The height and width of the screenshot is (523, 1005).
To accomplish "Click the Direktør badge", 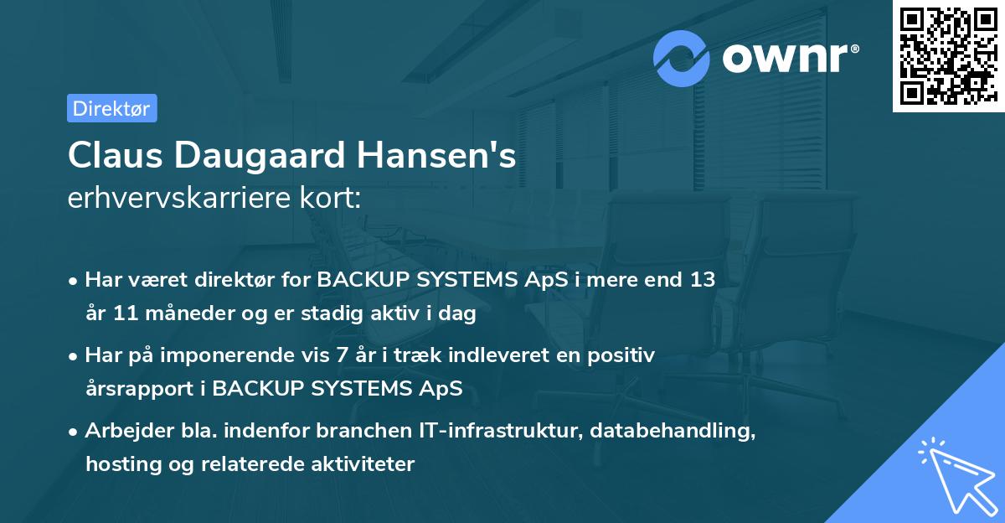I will click(111, 108).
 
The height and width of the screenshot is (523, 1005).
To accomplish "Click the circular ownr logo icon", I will click(683, 59).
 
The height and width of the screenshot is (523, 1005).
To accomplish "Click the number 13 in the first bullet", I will click(703, 280).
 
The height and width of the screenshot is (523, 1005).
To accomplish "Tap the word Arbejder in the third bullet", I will click(122, 431).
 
